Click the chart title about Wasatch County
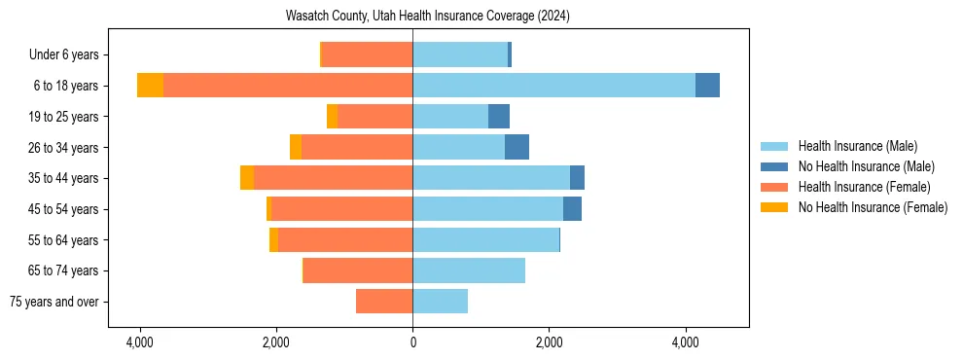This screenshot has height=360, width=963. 428,17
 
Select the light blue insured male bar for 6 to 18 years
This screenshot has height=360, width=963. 553,86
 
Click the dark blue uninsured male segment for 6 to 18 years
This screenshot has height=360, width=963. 707,86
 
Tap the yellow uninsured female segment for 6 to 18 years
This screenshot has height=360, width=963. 150,86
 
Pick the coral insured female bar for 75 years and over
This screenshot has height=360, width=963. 384,302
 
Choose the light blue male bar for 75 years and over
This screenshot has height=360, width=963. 440,302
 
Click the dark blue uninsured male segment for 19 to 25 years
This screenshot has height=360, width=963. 499,117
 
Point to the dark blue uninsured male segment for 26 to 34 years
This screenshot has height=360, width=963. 517,147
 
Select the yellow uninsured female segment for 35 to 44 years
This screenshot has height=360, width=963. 247,178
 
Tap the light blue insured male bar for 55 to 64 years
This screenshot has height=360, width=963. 486,239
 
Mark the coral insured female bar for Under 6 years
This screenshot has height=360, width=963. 367,54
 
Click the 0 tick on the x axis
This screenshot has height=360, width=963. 412,342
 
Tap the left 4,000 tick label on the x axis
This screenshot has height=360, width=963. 140,342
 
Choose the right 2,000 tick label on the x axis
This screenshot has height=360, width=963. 549,342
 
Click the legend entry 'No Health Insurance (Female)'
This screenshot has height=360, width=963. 873,207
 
